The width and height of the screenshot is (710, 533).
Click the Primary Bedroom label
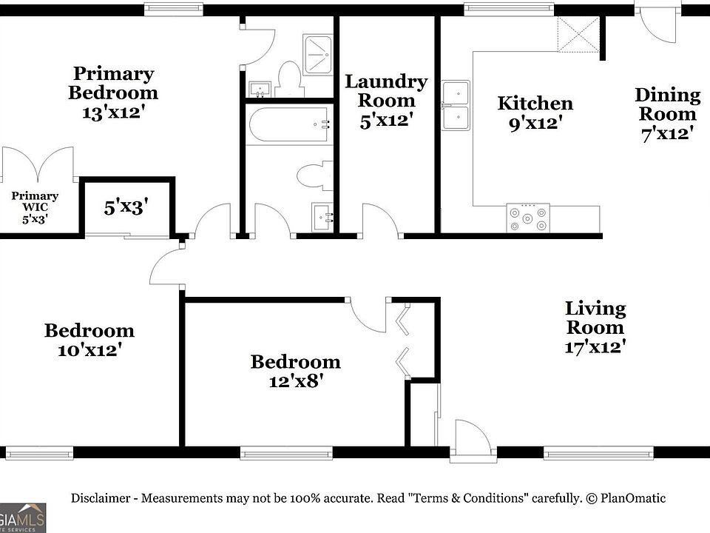coord(112,83)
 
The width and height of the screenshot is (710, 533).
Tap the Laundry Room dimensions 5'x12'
coord(385,119)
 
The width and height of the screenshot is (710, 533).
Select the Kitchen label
coord(535,103)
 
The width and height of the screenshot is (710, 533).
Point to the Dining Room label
coord(667,104)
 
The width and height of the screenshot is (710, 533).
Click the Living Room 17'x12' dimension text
coord(595,346)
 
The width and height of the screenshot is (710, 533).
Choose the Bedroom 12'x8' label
coord(295,362)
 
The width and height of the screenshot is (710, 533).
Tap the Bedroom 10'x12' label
coord(89,331)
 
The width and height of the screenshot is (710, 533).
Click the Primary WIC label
coord(35,196)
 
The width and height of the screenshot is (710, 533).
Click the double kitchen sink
coord(456,105)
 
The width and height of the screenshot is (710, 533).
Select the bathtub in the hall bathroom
coord(289,124)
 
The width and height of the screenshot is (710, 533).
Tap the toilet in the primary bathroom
coord(288,77)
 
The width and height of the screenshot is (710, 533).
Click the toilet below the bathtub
coord(314,177)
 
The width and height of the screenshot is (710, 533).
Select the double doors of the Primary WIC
coord(38,164)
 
